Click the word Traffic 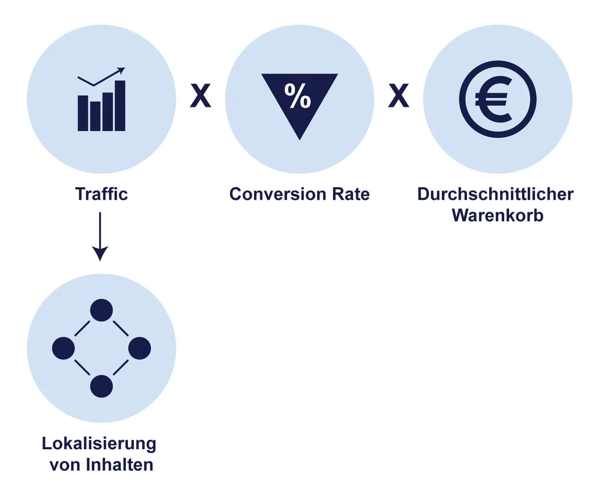click(101, 194)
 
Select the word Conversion click(278, 194)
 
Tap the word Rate click(351, 194)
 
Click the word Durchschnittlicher click(495, 194)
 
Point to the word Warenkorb click(497, 215)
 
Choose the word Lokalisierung click(99, 444)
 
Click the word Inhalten click(120, 465)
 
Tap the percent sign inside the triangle click(298, 96)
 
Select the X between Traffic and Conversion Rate click(201, 96)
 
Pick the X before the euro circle click(398, 96)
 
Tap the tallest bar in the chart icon click(120, 106)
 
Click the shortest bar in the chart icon click(83, 113)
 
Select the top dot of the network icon click(101, 310)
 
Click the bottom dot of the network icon click(101, 386)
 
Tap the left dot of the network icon click(63, 348)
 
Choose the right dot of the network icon click(140, 348)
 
